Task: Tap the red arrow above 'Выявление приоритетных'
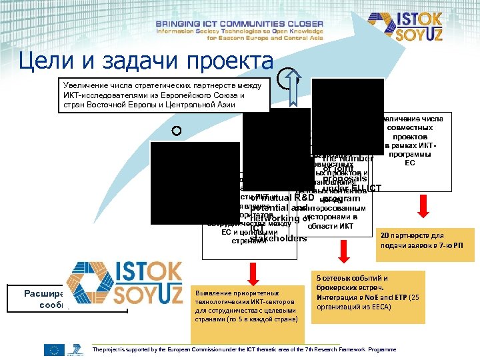[254, 271]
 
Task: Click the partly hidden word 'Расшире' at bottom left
[43, 293]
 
